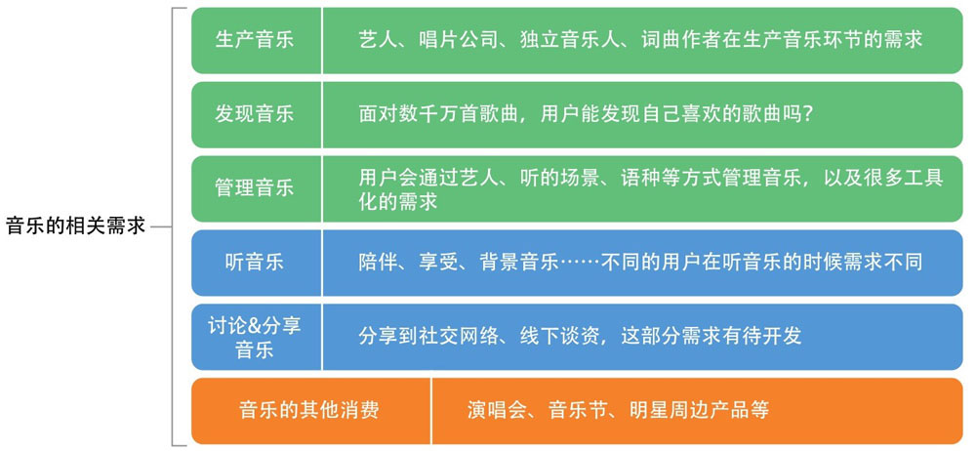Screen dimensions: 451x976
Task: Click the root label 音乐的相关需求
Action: (75, 225)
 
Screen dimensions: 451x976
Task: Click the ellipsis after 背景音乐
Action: (580, 262)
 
